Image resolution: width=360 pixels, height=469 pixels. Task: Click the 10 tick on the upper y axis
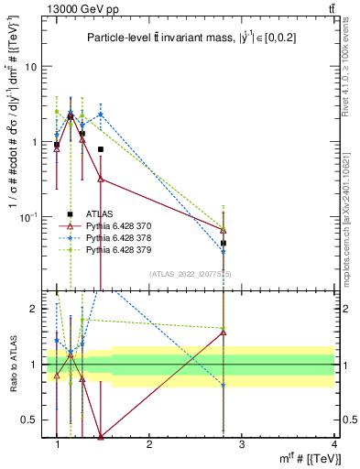point(31,67)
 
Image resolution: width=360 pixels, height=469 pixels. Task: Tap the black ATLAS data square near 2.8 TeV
point(224,244)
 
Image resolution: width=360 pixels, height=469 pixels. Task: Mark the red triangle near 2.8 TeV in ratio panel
point(224,333)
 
